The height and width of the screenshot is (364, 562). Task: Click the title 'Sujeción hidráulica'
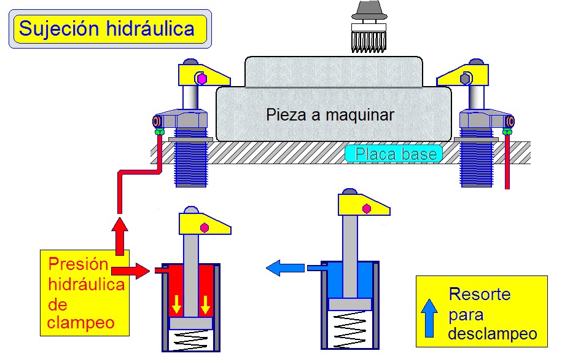pyautogui.click(x=106, y=28)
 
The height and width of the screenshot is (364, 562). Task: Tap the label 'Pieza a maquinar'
pyautogui.click(x=330, y=114)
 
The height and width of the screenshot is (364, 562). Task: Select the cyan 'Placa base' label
pyautogui.click(x=394, y=154)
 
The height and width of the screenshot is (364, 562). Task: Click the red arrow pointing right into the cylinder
pyautogui.click(x=131, y=269)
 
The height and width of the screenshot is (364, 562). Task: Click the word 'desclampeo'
pyautogui.click(x=493, y=334)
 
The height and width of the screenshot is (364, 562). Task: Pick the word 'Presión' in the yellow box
pyautogui.click(x=78, y=265)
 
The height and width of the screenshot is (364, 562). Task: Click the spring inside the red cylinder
pyautogui.click(x=191, y=340)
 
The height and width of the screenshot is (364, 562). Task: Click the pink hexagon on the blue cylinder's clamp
pyautogui.click(x=367, y=209)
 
